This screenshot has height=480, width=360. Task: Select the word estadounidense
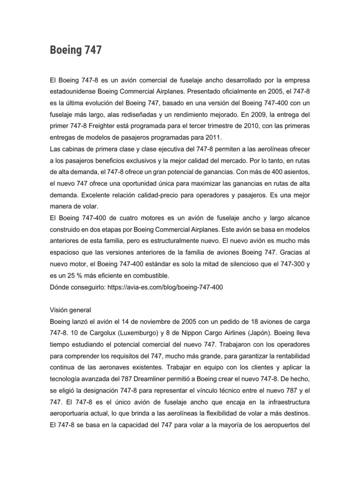pyautogui.click(x=76, y=87)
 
